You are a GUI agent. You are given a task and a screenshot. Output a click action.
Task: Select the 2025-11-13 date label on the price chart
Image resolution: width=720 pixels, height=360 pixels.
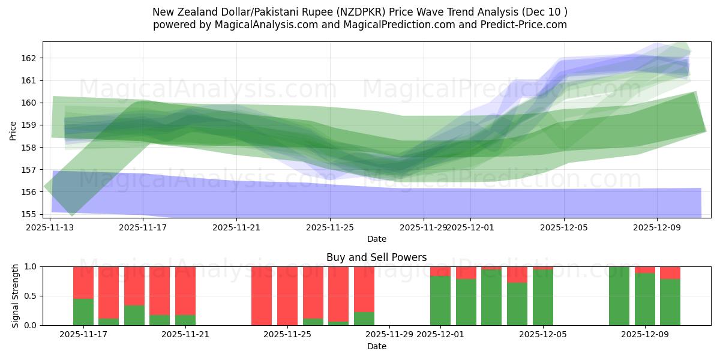click(50, 227)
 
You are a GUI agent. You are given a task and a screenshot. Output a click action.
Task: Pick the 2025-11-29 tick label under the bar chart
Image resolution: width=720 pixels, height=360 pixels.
click(389, 334)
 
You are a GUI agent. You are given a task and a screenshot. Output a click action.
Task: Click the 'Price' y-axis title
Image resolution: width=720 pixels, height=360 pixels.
click(13, 130)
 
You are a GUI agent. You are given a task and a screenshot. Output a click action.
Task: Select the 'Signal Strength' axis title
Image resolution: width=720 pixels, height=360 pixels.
click(16, 296)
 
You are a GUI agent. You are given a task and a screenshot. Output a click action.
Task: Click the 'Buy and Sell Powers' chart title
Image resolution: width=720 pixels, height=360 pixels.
click(376, 257)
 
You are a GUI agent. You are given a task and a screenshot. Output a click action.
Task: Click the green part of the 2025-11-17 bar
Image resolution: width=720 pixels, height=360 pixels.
click(83, 312)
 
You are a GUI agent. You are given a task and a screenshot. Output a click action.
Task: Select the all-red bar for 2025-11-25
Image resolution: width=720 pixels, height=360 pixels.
click(287, 296)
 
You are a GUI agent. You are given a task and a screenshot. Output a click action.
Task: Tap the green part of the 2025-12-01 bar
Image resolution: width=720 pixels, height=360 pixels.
click(440, 301)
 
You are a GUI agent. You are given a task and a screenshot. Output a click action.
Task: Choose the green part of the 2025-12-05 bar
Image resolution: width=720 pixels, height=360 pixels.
click(543, 298)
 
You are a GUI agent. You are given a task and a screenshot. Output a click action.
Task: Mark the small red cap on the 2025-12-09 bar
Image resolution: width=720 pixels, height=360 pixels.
click(645, 269)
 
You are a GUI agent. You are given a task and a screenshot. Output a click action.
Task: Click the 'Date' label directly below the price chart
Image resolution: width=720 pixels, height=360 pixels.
click(376, 239)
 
